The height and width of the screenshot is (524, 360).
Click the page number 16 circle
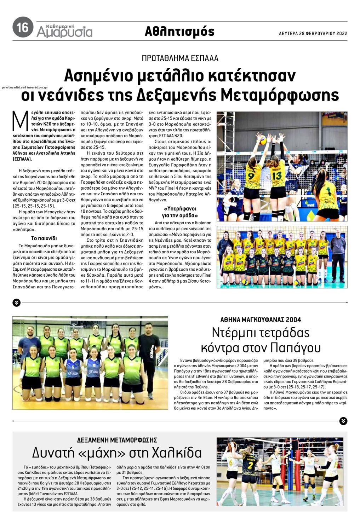23,27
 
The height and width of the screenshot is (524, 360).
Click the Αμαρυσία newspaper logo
64,31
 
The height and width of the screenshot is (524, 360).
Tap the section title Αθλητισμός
179,31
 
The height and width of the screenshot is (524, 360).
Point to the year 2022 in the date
342,34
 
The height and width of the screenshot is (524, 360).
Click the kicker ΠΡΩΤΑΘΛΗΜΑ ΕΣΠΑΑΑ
180,58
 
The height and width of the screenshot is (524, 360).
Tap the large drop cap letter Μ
20,121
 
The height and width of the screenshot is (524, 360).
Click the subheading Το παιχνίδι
44,238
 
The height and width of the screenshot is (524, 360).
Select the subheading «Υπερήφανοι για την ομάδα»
180,212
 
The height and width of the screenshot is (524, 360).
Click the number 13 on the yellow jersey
277,175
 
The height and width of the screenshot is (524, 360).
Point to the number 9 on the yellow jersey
251,176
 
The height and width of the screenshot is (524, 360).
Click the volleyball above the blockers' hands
263,141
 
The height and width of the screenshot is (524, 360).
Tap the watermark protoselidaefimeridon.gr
25,87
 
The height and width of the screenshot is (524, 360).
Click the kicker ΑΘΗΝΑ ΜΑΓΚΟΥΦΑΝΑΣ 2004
261,320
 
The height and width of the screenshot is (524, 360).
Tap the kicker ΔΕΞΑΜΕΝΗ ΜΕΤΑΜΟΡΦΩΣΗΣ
117,440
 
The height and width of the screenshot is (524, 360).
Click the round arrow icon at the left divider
17,303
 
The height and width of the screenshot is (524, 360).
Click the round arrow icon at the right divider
343,421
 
